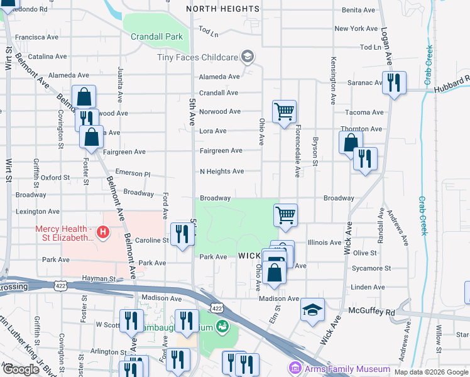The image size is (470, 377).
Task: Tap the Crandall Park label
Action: pos(156,36)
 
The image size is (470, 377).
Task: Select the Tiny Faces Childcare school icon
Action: pos(248,57)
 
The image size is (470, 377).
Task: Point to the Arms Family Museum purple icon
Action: pos(294,368)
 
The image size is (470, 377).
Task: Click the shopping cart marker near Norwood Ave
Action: pos(284,112)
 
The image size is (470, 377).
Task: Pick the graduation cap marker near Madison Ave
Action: pos(312,309)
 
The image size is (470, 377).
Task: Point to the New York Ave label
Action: pos(356,29)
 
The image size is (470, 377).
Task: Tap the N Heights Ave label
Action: pos(221,171)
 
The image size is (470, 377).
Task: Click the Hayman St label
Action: pos(101,278)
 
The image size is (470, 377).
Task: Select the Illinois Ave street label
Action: pos(324,242)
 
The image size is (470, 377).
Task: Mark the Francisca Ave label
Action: pos(37,37)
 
